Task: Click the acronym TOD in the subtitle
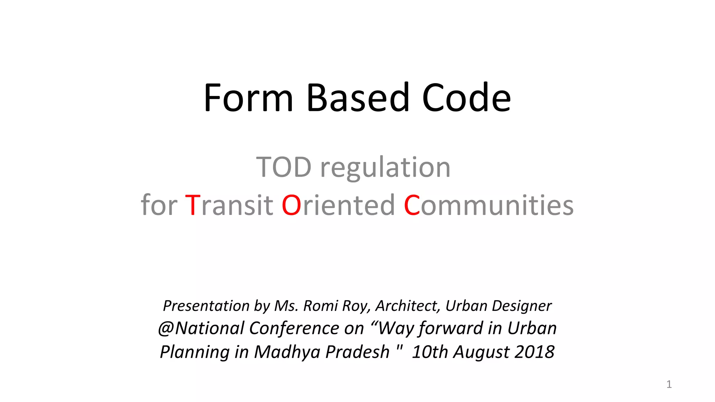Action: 284,167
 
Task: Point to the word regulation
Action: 385,168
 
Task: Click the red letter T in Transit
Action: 192,205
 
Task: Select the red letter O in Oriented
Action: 291,205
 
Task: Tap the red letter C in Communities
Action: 412,205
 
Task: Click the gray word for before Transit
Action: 159,205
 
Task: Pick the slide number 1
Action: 669,384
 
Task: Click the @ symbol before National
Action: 165,329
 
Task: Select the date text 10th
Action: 430,352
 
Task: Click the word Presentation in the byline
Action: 206,306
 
